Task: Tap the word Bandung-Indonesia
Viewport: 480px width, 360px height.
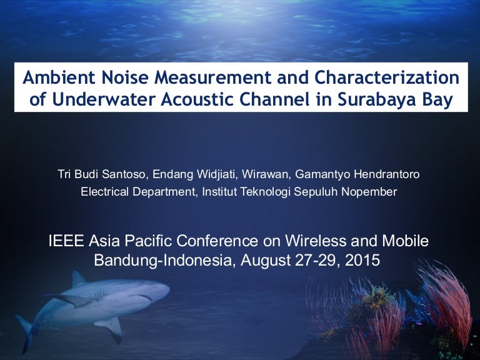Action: click(x=161, y=260)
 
